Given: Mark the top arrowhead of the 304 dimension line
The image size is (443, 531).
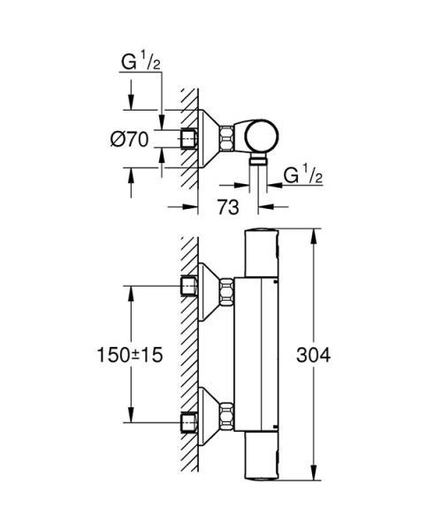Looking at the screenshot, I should click(x=313, y=235).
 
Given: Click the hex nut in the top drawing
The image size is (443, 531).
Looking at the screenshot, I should click(x=227, y=139).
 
